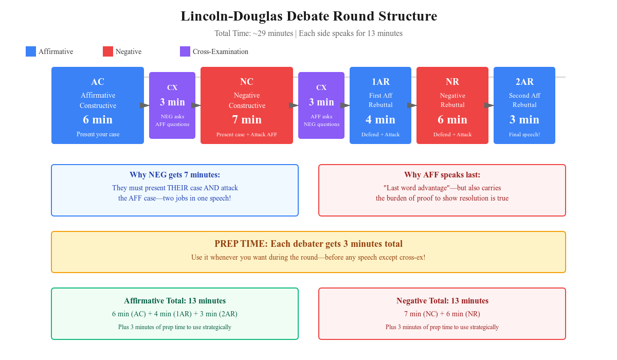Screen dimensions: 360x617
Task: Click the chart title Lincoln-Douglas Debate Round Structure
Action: click(308, 16)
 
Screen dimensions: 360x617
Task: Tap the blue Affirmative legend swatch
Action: click(31, 51)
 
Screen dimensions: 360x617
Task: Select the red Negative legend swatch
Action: click(108, 51)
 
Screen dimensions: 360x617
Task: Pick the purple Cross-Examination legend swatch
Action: click(185, 51)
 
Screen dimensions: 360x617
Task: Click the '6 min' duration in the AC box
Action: click(98, 120)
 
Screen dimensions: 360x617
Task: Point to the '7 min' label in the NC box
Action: click(247, 120)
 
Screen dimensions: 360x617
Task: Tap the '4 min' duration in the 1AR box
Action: click(380, 120)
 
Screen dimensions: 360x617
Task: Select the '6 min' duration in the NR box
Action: click(452, 120)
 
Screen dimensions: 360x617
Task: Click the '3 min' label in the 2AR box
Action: click(524, 120)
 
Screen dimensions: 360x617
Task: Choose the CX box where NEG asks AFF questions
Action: click(172, 105)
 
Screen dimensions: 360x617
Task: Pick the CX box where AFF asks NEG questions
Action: click(321, 105)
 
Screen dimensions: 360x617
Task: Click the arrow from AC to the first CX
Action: click(145, 105)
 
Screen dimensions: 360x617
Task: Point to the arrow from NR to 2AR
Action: click(489, 105)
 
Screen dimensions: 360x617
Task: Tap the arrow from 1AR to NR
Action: click(412, 105)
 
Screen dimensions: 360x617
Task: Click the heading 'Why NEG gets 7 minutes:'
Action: click(175, 175)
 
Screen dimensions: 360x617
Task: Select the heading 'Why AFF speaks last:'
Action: click(442, 175)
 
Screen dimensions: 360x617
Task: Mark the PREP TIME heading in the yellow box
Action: click(308, 244)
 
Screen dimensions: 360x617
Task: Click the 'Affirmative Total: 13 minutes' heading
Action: click(175, 301)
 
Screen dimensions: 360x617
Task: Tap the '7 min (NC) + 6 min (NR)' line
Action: click(442, 314)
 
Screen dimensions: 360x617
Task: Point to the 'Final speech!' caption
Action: click(524, 135)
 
